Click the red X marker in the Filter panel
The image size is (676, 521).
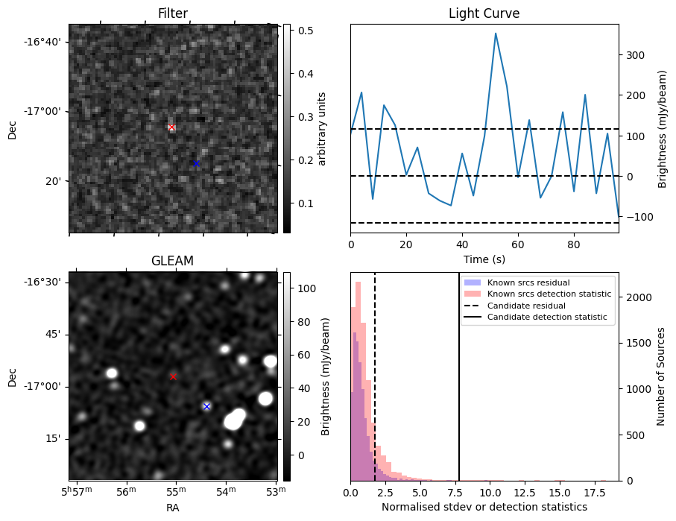coord(171,127)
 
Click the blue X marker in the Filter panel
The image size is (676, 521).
coord(196,163)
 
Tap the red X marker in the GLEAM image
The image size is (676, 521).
coord(173,376)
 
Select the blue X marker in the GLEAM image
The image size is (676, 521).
coord(206,406)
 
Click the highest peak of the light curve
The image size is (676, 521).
coord(496,34)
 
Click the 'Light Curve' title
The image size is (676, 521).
coord(484,13)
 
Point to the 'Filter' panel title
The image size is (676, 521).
coord(173,13)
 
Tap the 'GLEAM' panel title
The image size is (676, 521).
coord(172,261)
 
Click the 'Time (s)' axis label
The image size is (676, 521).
coord(484,259)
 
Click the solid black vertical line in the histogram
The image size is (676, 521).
coord(459,388)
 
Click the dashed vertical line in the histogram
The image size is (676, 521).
coord(375,388)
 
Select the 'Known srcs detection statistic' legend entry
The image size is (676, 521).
coord(549,294)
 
